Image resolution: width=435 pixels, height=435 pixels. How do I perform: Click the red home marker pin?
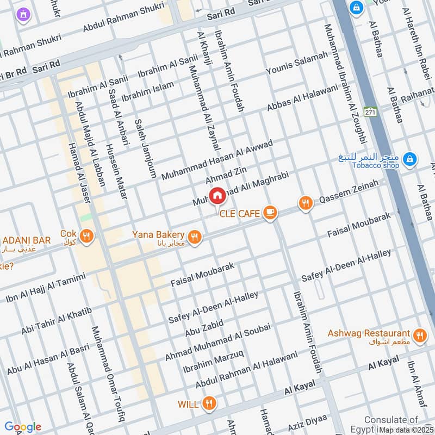click(x=217, y=195)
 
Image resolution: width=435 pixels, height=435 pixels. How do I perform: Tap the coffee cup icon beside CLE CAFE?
click(x=269, y=213)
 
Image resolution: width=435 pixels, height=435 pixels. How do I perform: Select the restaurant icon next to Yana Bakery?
click(x=195, y=237)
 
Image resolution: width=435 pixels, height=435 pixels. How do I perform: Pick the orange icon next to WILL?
click(x=208, y=404)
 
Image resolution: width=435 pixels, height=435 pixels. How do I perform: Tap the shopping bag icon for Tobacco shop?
click(x=411, y=159)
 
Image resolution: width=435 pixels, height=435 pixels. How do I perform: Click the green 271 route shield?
click(x=370, y=111)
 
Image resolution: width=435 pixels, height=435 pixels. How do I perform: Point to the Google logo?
click(x=22, y=427)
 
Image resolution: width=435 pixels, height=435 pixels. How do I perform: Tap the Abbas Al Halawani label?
click(x=302, y=98)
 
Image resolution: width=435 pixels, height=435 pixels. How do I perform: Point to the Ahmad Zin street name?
click(x=226, y=175)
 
